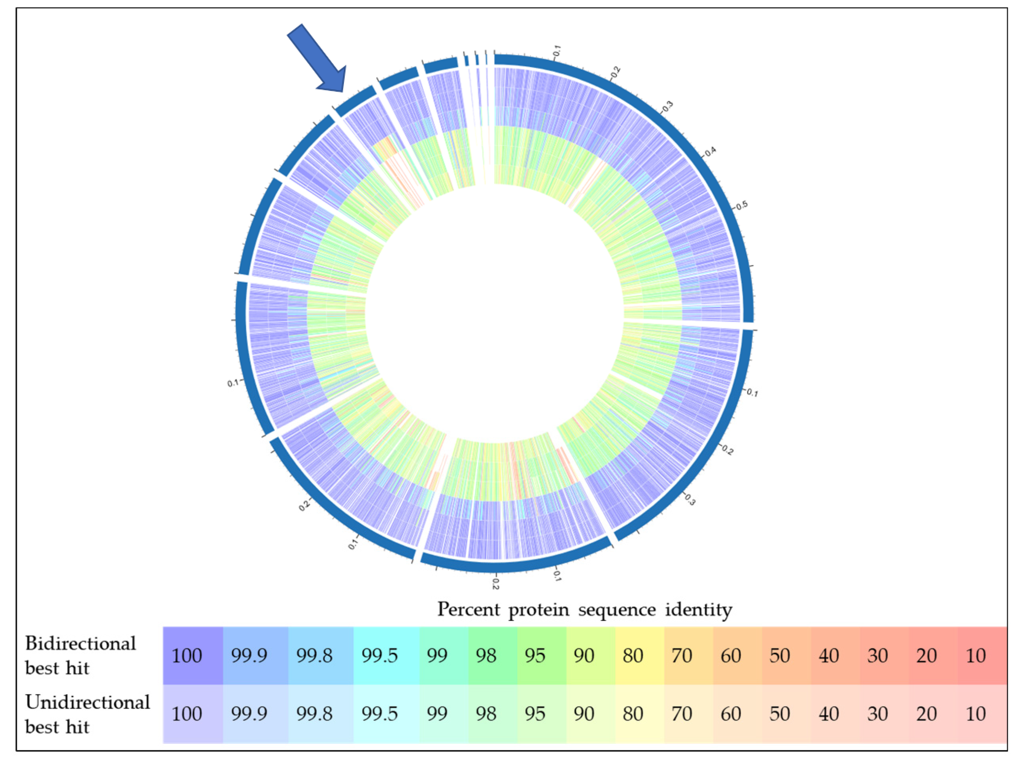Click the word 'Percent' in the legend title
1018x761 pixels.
click(x=468, y=610)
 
